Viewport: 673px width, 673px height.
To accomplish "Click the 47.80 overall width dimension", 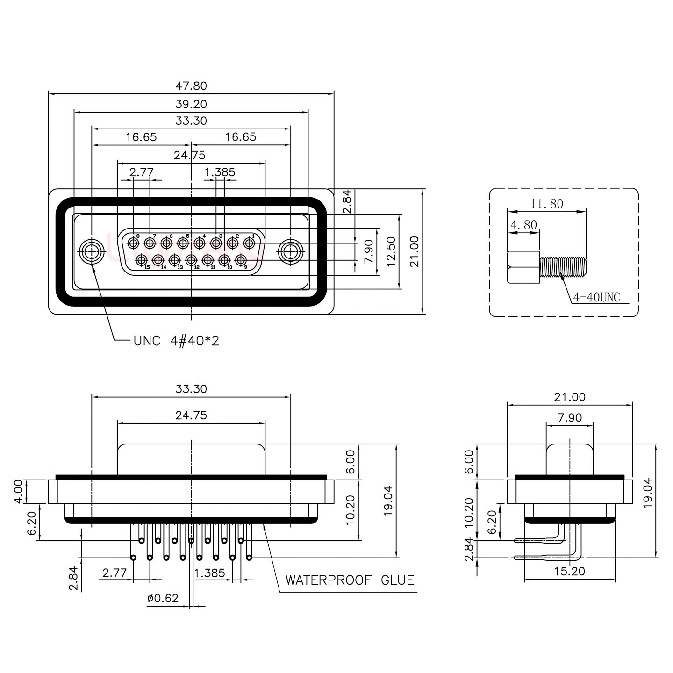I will [x=191, y=86].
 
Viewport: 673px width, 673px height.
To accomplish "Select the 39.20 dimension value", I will [x=191, y=104].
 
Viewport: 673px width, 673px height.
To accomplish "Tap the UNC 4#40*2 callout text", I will [x=176, y=341].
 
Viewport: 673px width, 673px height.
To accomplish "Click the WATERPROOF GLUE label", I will [x=350, y=580].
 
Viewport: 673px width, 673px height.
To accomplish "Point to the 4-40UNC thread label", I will [x=596, y=297].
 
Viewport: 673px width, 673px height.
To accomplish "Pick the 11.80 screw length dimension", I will [x=546, y=204].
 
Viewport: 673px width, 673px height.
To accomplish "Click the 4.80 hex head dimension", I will [x=523, y=225].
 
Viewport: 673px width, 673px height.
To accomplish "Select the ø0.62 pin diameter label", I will [x=163, y=598].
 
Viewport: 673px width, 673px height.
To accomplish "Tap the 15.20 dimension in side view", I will [x=569, y=571].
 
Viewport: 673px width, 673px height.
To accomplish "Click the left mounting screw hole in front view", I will [x=91, y=252].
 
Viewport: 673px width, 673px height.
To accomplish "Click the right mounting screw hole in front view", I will [x=290, y=252].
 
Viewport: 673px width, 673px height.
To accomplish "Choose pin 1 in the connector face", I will [x=249, y=243].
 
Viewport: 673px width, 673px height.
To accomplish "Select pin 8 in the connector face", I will [x=134, y=243].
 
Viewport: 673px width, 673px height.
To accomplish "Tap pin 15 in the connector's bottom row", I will [x=142, y=259].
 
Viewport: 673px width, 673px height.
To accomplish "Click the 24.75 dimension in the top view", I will [x=189, y=155].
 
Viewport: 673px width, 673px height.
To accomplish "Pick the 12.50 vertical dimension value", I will [x=391, y=251].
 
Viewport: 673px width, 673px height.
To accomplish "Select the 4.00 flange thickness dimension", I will [x=18, y=492].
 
